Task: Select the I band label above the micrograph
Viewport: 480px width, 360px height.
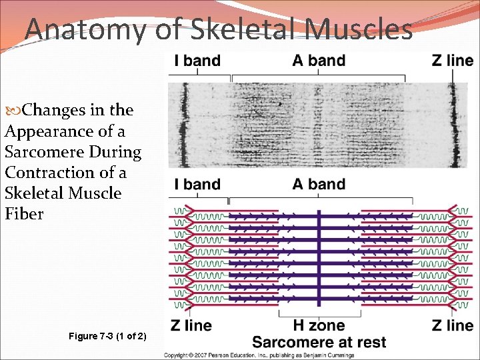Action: coord(197,61)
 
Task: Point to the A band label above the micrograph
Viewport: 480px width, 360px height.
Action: coord(319,61)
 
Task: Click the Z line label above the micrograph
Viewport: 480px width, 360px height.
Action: coord(453,61)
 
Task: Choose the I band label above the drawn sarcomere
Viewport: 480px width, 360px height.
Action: coord(197,185)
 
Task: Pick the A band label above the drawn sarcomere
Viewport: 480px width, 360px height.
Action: coord(319,185)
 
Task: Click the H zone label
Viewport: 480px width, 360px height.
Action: coord(319,326)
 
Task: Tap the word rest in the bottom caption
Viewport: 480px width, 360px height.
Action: coord(369,343)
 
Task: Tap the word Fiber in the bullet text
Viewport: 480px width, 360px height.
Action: coord(24,214)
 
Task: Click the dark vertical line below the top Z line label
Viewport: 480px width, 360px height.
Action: coord(453,123)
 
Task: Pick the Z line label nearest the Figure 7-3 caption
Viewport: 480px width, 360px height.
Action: coord(191,326)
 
